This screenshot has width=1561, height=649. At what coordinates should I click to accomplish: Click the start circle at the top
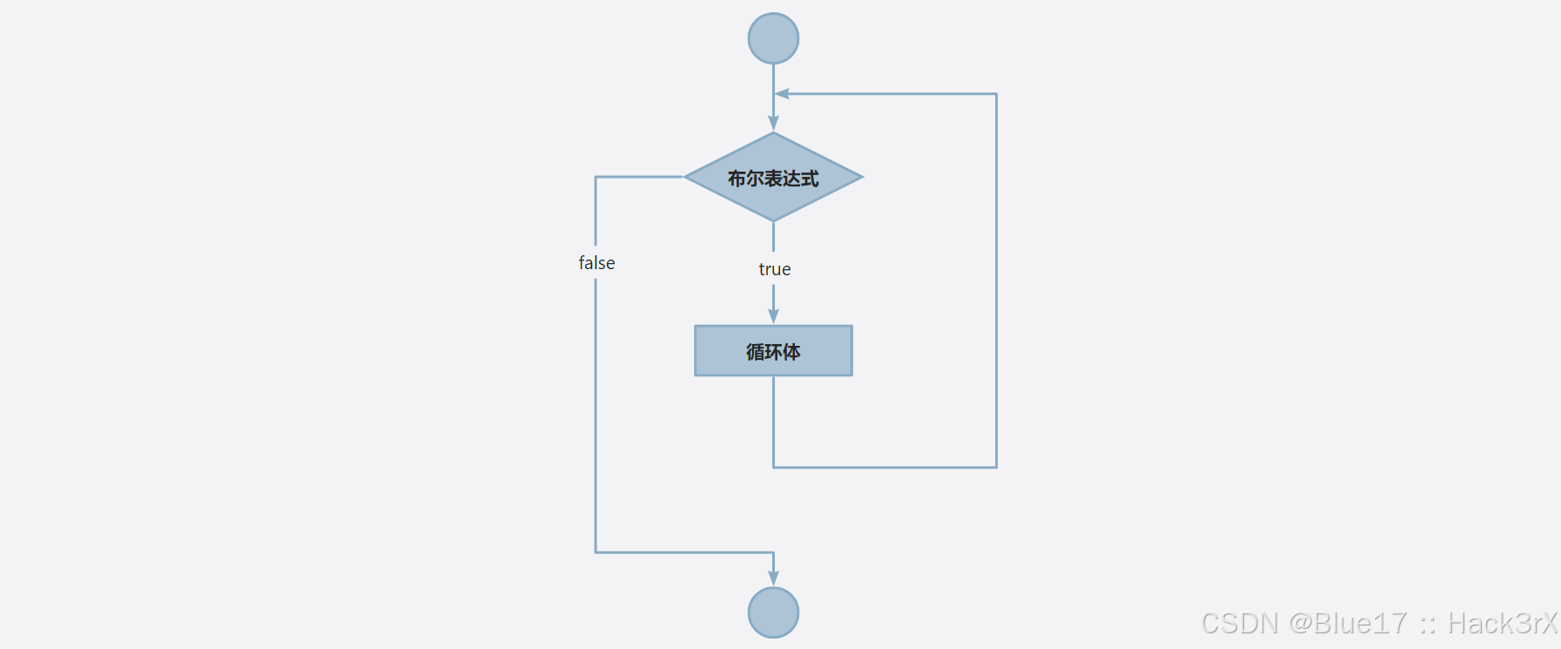click(x=773, y=38)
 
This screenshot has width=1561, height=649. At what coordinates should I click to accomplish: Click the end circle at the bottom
click(x=773, y=612)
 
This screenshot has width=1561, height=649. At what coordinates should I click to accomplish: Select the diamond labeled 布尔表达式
click(x=773, y=177)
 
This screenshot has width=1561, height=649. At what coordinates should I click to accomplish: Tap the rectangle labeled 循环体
click(x=773, y=351)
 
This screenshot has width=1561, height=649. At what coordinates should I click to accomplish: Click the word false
click(x=596, y=263)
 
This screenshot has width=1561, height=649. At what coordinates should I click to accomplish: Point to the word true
click(x=774, y=269)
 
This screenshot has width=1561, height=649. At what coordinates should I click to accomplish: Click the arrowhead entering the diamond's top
click(x=773, y=124)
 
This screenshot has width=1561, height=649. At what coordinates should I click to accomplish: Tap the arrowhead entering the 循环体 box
click(x=773, y=316)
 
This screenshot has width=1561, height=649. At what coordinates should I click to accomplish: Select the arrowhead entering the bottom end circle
click(x=773, y=578)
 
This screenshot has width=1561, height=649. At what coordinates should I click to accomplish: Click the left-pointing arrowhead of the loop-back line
click(x=782, y=93)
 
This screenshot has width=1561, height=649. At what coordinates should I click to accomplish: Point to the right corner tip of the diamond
click(x=861, y=177)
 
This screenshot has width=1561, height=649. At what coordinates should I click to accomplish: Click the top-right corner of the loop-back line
click(x=996, y=93)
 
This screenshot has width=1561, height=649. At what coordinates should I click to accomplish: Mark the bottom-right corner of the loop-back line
click(x=996, y=467)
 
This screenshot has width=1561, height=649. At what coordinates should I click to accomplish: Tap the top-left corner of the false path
click(x=595, y=177)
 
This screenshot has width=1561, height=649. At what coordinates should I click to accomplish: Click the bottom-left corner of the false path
click(x=595, y=551)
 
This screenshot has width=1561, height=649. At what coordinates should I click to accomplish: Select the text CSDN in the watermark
click(x=1240, y=624)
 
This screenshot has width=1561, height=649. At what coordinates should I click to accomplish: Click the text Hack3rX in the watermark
click(x=1502, y=624)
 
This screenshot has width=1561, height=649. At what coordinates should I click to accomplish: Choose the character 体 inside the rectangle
click(x=791, y=352)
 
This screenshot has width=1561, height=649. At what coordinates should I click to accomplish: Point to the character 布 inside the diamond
click(x=737, y=179)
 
